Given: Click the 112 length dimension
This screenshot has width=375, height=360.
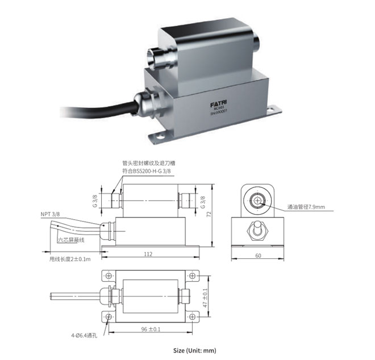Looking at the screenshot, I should coord(148,254).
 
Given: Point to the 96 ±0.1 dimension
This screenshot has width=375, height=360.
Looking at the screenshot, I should coord(149,329).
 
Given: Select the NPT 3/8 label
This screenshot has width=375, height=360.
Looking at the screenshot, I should coord(50,215).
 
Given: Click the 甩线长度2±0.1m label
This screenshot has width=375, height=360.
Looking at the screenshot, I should coord(69,259).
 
